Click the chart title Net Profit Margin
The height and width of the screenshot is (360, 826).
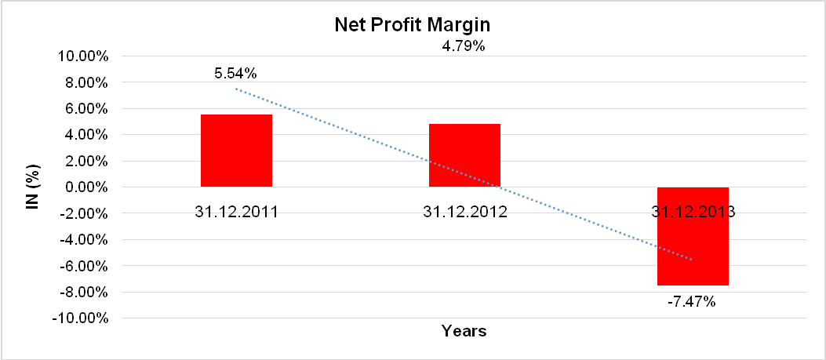(x=413, y=25)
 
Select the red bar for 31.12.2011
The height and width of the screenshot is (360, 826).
(x=236, y=151)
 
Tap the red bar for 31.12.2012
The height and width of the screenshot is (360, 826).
(x=464, y=155)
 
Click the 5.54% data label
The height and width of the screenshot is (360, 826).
(x=236, y=74)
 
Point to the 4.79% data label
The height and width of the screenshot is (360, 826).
(x=464, y=46)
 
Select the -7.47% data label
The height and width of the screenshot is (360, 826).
(x=693, y=301)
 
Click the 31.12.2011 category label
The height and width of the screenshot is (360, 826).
(x=236, y=212)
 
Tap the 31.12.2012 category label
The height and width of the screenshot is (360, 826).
(x=464, y=212)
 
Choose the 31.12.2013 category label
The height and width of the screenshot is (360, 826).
(x=693, y=212)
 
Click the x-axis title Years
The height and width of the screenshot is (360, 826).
(x=464, y=331)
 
